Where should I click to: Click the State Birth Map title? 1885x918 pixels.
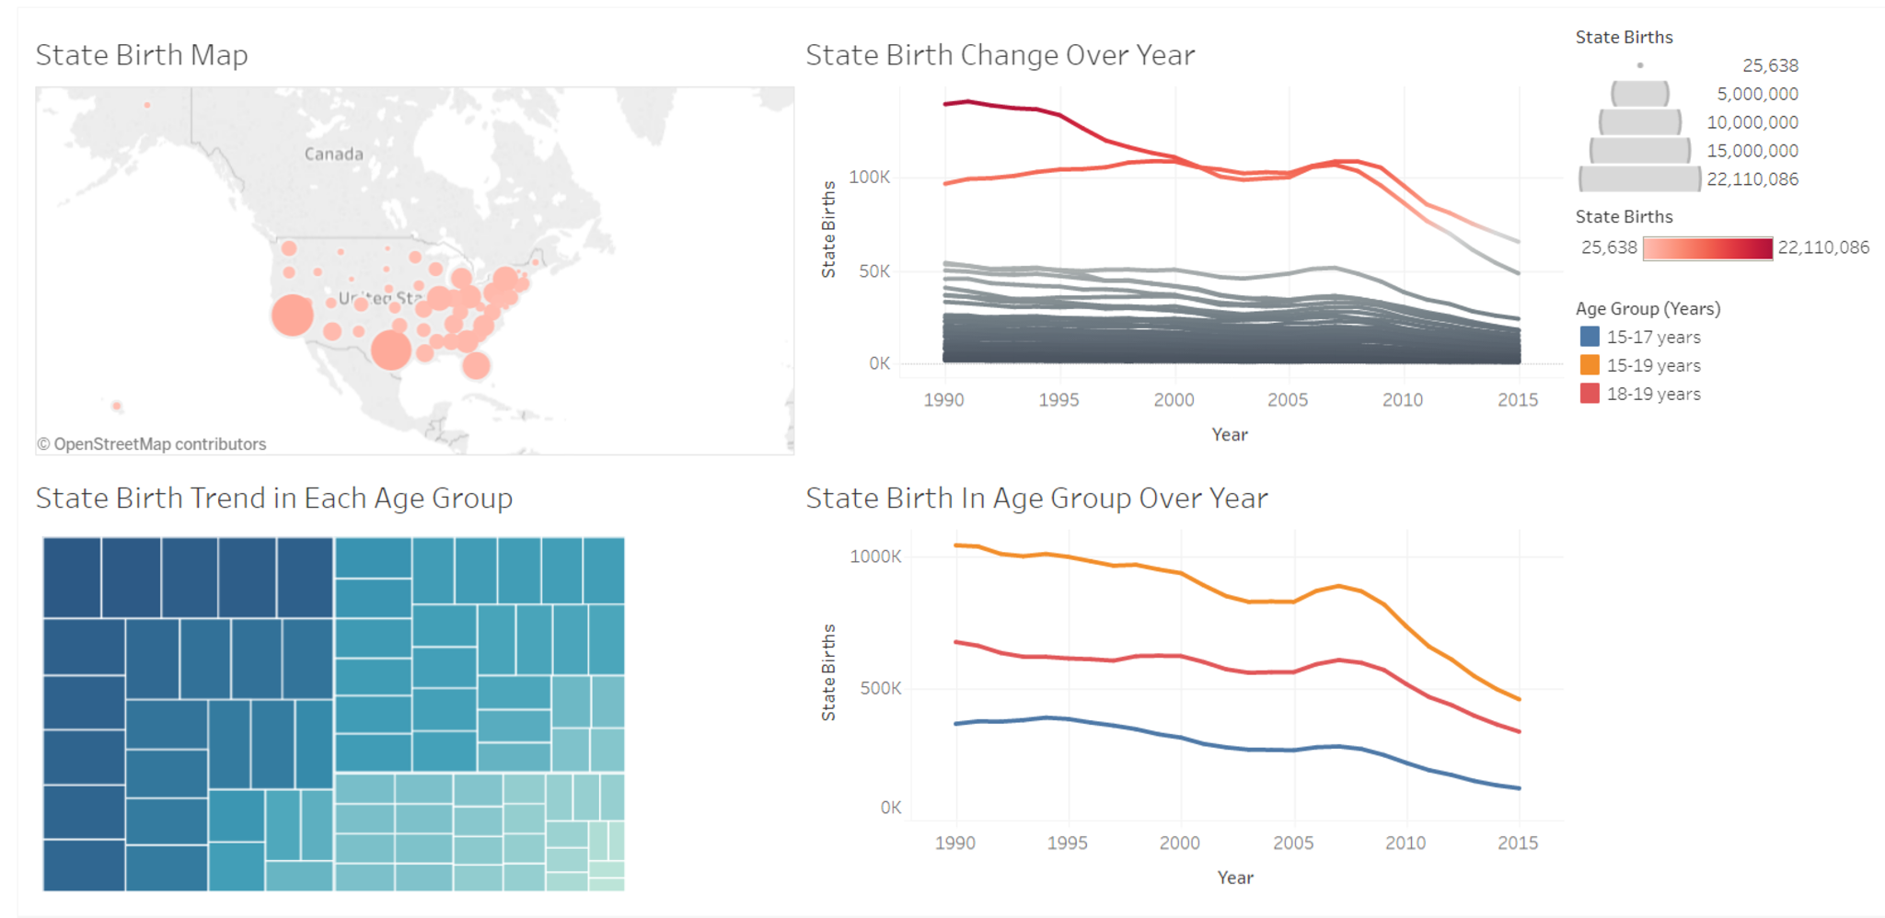142,55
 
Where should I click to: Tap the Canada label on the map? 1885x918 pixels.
333,154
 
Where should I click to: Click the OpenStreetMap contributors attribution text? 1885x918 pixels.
152,444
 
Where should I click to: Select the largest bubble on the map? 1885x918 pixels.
293,315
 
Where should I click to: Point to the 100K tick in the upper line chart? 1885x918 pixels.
869,177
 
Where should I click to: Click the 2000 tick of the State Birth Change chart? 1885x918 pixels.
1174,400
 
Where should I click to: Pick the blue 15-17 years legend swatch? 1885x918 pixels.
1590,337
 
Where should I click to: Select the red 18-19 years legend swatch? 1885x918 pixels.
1590,394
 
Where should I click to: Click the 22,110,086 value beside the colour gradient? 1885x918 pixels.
1822,247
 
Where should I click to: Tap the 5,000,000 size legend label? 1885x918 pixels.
1756,94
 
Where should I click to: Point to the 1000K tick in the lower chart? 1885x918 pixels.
875,557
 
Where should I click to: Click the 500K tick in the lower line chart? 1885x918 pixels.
880,688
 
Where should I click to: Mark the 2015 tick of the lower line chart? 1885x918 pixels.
1517,843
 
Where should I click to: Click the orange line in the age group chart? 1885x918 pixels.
1181,574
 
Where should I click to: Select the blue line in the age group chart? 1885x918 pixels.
1181,738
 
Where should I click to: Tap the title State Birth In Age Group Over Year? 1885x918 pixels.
1036,499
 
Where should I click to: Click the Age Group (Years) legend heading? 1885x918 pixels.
1648,309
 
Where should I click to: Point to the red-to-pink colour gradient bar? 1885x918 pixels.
1707,248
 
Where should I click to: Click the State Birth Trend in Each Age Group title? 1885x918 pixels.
273,499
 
